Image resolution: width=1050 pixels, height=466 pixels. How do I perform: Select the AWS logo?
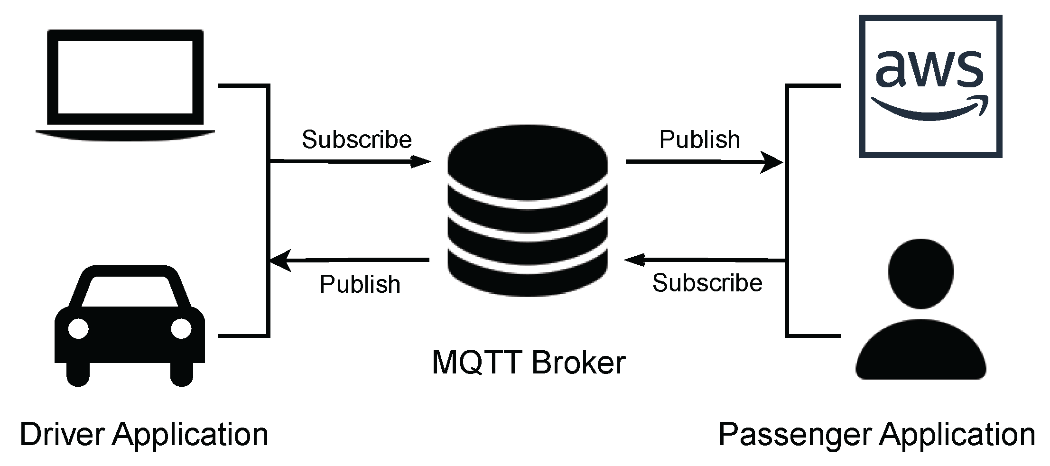click(x=930, y=86)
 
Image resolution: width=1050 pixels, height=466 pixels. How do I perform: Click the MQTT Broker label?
click(x=529, y=363)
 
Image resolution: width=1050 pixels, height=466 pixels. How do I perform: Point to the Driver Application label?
click(x=144, y=435)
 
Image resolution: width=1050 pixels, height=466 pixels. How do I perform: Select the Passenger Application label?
click(x=876, y=435)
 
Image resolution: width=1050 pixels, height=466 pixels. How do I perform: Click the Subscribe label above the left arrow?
click(x=356, y=140)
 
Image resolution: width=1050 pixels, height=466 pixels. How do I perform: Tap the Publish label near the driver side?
click(x=360, y=284)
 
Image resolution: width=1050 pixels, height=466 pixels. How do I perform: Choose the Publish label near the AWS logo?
click(x=699, y=140)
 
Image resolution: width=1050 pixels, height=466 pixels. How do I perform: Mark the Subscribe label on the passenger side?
click(x=707, y=283)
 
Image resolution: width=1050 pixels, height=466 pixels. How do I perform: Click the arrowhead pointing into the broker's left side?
click(x=421, y=162)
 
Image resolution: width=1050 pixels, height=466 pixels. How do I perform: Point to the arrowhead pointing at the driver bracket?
click(x=280, y=261)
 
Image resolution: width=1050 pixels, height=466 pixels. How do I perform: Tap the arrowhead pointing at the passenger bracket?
click(x=772, y=162)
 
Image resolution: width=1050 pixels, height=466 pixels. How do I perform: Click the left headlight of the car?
click(x=78, y=328)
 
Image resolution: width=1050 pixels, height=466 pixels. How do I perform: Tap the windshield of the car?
click(x=130, y=291)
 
